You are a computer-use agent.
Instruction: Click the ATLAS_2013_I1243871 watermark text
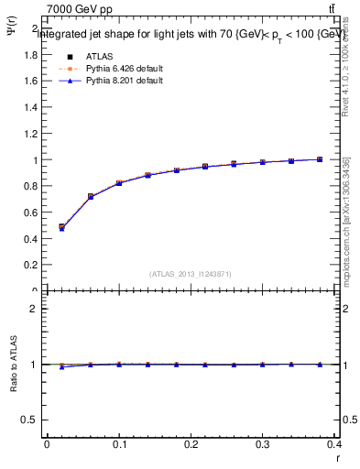click(x=191, y=274)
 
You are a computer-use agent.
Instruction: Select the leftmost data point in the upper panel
click(x=61, y=227)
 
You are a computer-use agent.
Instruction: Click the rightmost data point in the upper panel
click(x=320, y=159)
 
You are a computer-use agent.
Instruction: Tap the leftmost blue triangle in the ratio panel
click(x=61, y=367)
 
